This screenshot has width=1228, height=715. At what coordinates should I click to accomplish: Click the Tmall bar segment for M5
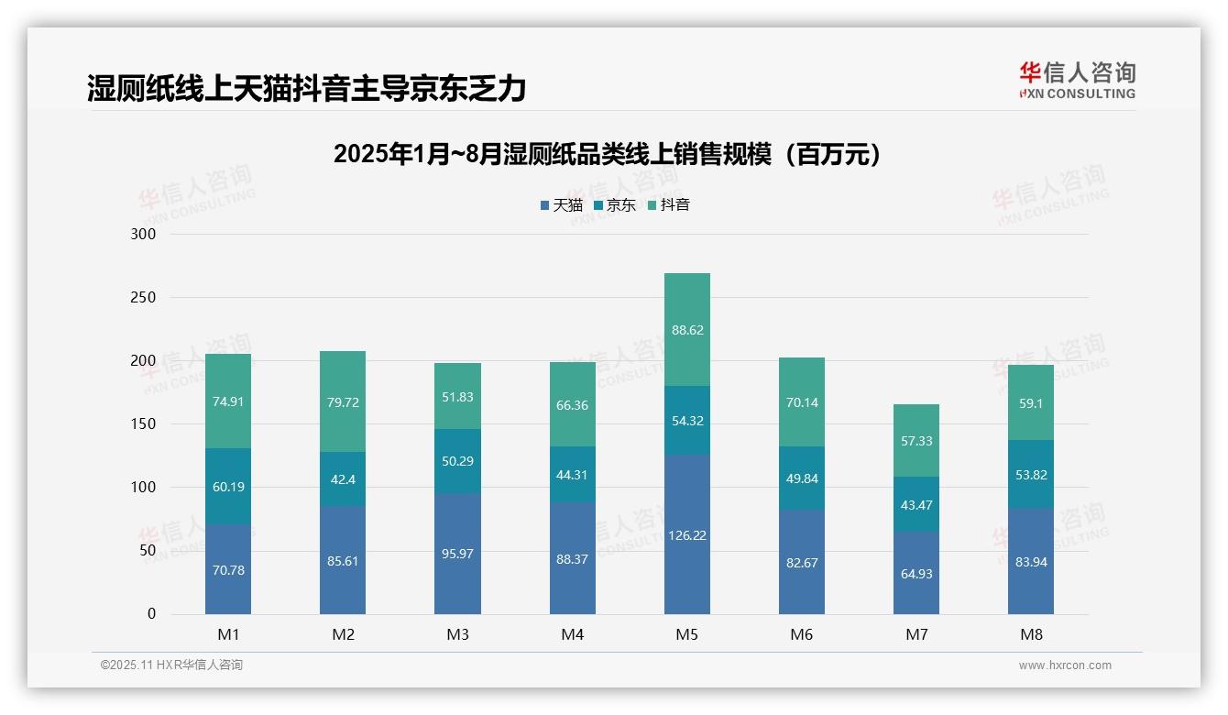click(686, 534)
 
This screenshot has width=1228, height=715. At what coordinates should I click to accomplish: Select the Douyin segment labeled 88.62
click(686, 330)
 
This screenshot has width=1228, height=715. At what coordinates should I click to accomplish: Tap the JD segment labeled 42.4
click(343, 479)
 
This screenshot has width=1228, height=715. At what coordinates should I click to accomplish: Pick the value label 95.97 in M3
click(457, 554)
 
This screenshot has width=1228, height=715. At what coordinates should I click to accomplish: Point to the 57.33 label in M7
click(916, 441)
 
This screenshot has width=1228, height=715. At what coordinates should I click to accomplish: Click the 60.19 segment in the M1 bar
click(228, 487)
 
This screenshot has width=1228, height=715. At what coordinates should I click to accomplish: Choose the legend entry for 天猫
click(562, 205)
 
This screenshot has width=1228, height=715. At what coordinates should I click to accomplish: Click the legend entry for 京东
click(615, 205)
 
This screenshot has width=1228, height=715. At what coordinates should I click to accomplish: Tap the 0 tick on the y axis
click(151, 614)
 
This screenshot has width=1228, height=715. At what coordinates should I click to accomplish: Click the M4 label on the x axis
click(572, 634)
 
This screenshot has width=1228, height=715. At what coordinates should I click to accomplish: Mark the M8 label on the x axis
click(1031, 634)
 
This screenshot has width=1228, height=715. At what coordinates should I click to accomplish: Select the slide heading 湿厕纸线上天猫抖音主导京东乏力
click(307, 89)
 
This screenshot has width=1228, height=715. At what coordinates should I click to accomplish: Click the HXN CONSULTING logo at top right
click(1077, 81)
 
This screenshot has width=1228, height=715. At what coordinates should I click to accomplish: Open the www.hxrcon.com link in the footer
click(1065, 665)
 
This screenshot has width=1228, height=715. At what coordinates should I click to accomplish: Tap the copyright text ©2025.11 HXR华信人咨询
click(171, 665)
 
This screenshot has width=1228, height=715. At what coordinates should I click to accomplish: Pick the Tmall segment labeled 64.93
click(916, 574)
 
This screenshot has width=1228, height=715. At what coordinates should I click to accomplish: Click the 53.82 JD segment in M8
click(1031, 475)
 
